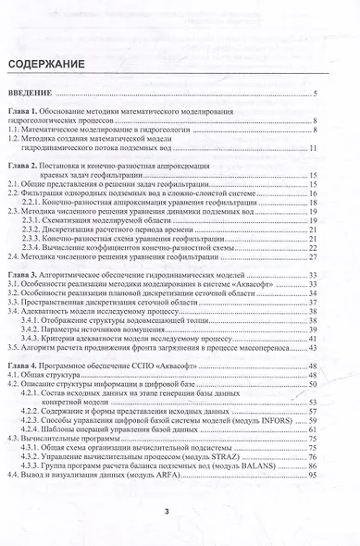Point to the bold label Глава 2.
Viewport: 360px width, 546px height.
27,163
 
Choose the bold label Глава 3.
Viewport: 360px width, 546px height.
27,275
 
